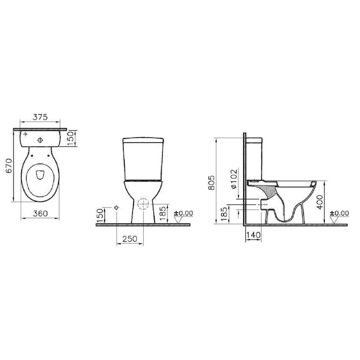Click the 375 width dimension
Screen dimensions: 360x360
coord(40,117)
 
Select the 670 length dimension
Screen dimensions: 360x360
coord(9,166)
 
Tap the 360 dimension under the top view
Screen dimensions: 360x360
coord(40,213)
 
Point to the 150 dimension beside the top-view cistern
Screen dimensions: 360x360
coord(71,138)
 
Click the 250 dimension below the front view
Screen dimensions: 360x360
coord(130,239)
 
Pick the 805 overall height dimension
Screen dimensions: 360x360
coord(211,183)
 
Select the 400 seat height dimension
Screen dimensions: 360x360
coord(320,202)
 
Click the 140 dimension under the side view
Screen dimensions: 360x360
coord(253,235)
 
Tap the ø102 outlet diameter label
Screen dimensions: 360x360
coord(233,179)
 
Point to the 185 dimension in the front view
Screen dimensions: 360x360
coord(163,213)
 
